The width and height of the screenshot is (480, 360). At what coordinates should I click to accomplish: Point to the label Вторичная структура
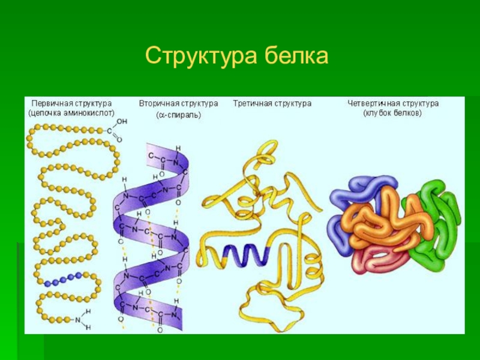[178, 103]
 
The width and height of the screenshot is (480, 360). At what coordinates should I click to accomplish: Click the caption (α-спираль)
[178, 114]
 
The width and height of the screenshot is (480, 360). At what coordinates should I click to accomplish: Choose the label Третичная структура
[272, 103]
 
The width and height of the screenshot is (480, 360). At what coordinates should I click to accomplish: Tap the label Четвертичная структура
[393, 103]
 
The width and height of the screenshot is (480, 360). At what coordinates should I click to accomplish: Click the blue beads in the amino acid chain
[62, 278]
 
